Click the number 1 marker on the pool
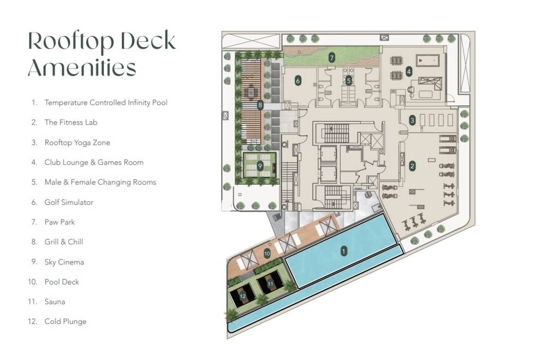tap(343, 251)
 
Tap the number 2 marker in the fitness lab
tap(413, 166)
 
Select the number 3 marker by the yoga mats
tap(413, 120)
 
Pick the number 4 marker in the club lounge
tap(408, 71)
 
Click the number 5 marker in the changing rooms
tap(348, 80)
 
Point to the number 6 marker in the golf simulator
tap(298, 81)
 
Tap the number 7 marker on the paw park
tap(331, 57)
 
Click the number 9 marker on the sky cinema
tap(260, 164)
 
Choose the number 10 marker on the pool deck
tap(267, 253)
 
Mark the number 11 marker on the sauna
tap(270, 284)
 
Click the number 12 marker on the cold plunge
tap(243, 296)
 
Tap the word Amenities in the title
tap(82, 68)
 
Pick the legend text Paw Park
tap(60, 222)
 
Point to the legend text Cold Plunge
tap(66, 321)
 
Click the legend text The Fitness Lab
tap(71, 122)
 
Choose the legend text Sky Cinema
tap(64, 262)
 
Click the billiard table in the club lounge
tap(429, 60)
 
